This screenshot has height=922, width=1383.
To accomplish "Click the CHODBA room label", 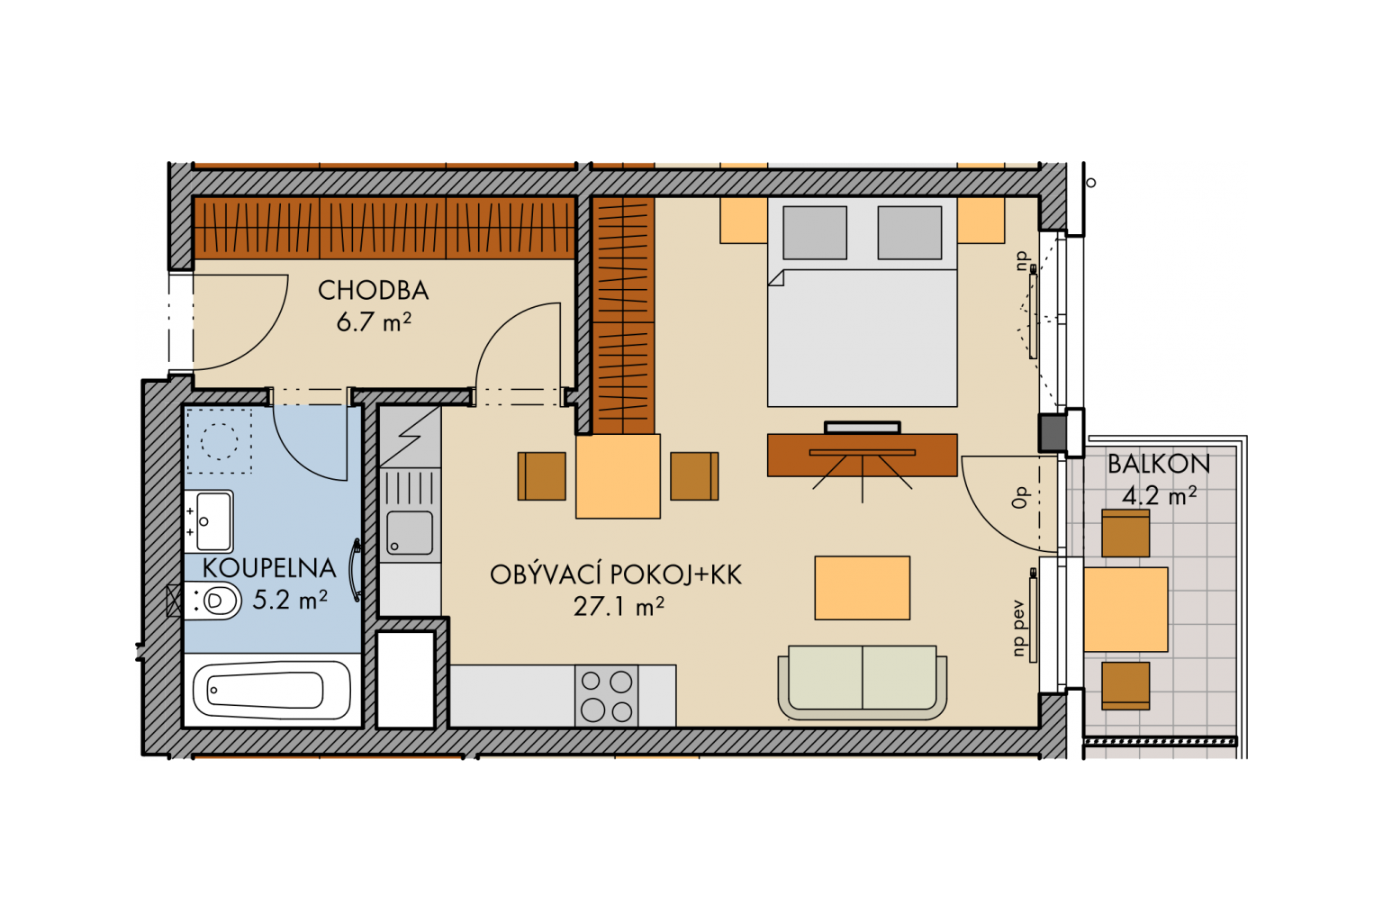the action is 373,290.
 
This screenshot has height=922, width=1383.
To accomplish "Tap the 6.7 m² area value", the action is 374,321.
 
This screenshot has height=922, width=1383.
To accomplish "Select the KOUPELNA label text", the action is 269,568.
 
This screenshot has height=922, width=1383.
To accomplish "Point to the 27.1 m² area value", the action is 619,607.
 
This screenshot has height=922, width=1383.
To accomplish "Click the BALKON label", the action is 1158,465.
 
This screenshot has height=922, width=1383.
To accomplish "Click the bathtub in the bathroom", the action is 272,690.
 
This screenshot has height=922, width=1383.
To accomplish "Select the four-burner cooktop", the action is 606,696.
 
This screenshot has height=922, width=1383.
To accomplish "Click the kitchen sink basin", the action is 410,532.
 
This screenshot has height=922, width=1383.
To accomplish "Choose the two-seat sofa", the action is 863,682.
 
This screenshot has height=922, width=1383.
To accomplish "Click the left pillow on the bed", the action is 814,233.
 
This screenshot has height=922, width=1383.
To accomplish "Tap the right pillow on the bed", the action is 909,233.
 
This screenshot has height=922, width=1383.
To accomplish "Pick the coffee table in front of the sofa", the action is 862,588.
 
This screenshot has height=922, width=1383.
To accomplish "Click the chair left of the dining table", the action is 541,476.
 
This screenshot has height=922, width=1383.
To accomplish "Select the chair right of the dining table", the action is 694,476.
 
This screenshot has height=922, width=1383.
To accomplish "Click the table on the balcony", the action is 1125,610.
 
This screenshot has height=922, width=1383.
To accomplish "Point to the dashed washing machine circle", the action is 219,441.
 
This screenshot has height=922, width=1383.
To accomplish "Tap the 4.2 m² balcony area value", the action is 1159,495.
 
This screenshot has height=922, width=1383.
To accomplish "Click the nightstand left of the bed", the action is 744,221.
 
